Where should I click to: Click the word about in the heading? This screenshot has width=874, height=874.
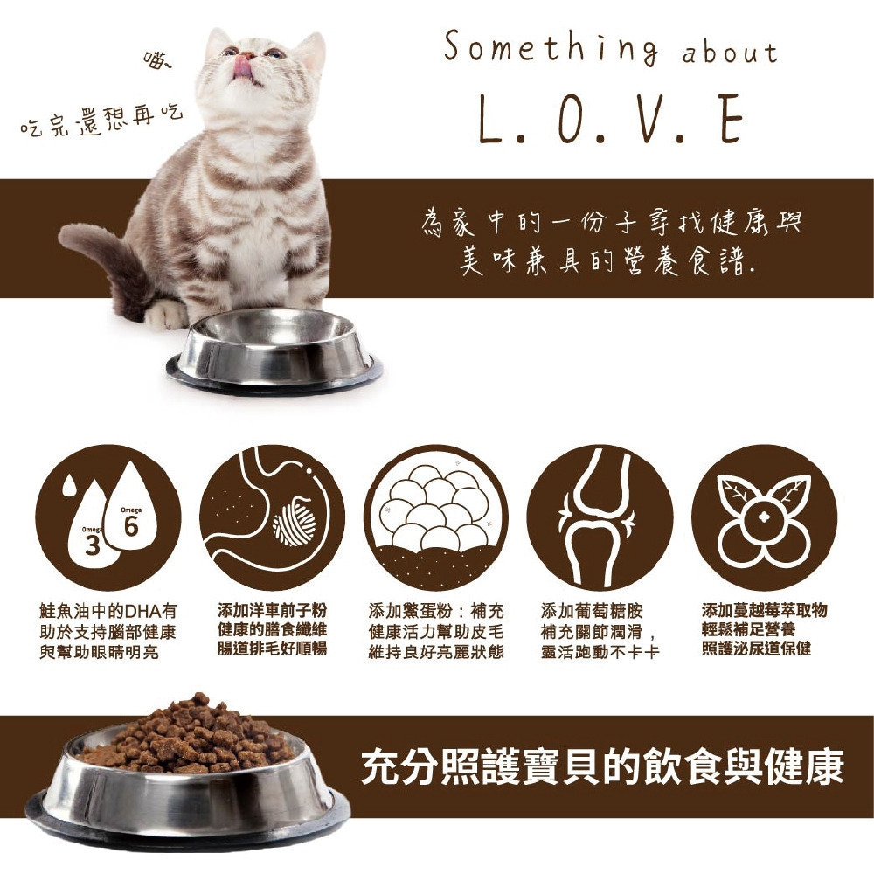730,53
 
